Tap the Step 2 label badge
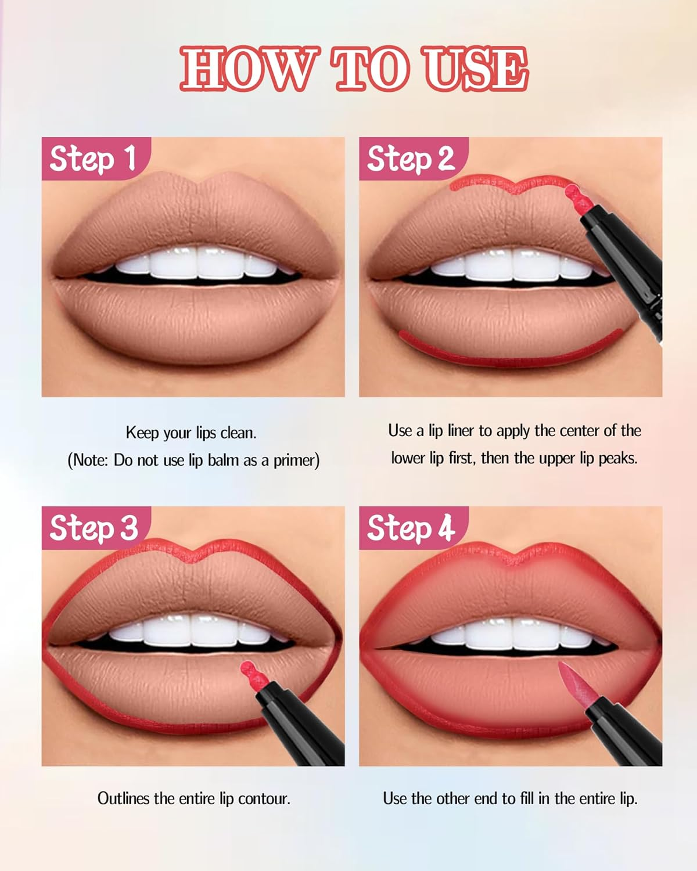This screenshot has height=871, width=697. tap(411, 159)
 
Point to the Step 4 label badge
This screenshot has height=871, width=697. tap(411, 528)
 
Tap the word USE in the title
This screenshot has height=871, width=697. tap(476, 69)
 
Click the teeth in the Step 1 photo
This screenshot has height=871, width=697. tap(197, 264)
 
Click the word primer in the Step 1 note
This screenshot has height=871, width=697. tap(295, 460)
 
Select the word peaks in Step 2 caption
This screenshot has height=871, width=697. tap(617, 458)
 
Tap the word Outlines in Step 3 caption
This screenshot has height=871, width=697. tap(123, 798)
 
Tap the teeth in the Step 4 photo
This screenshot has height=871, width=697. tap(511, 633)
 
